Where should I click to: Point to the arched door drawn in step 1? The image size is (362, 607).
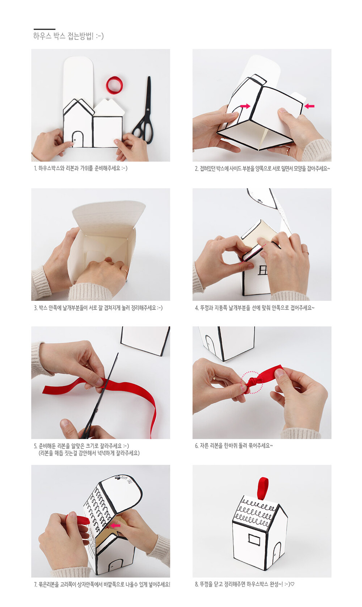tap(77, 139)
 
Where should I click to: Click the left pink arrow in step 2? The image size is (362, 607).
tap(245, 106)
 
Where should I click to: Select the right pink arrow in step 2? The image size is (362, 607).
tap(309, 106)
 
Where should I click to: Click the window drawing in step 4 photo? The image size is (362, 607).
tap(262, 270)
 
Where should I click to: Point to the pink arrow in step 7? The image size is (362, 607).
tap(116, 526)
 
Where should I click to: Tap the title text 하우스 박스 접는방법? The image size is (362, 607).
tap(68, 36)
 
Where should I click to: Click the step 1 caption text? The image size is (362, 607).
tap(80, 168)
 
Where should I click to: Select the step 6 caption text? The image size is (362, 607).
tap(234, 446)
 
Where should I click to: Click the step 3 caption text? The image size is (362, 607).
tap(98, 308)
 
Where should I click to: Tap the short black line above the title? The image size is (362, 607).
tap(45, 29)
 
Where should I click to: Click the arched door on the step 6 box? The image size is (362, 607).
tap(210, 344)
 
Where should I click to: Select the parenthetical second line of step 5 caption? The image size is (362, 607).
tap(89, 453)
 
